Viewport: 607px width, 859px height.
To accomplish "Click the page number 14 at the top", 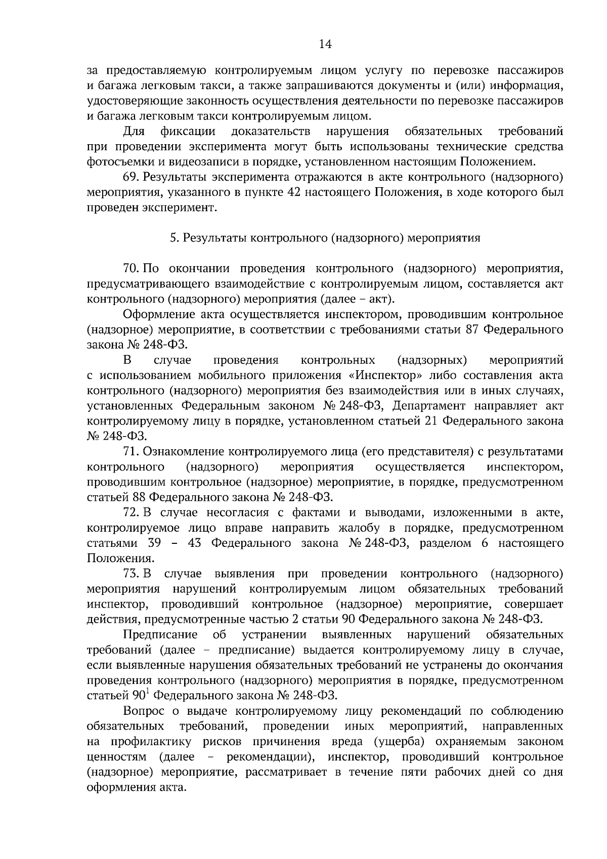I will (x=325, y=45).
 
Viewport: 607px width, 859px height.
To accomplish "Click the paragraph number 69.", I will (x=131, y=178).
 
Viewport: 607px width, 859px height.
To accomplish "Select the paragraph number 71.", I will (x=131, y=452).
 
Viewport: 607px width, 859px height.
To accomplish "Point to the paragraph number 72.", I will (x=131, y=513).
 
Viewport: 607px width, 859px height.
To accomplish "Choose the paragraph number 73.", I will (x=131, y=574).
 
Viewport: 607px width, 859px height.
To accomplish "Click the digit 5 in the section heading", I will (x=172, y=238).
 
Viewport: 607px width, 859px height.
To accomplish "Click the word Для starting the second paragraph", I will (x=134, y=132).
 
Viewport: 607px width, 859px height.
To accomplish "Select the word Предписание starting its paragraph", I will (x=160, y=635).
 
